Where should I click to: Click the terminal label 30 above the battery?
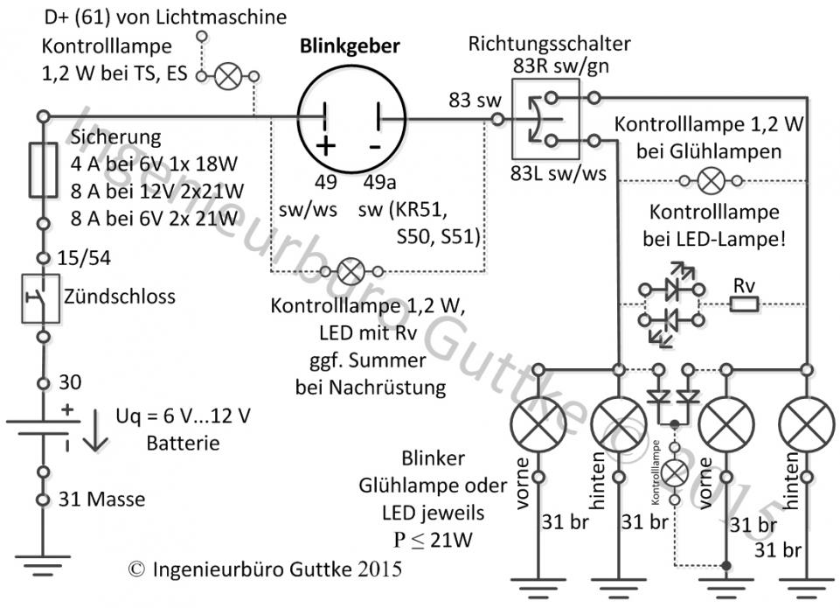point(68,382)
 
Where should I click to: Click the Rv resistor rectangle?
point(744,304)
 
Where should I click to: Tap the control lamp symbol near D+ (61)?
point(229,77)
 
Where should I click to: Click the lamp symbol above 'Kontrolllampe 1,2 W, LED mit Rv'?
point(351,271)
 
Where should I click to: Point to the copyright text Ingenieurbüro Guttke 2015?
point(266,569)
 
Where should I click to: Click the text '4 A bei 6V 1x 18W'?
point(157,164)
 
